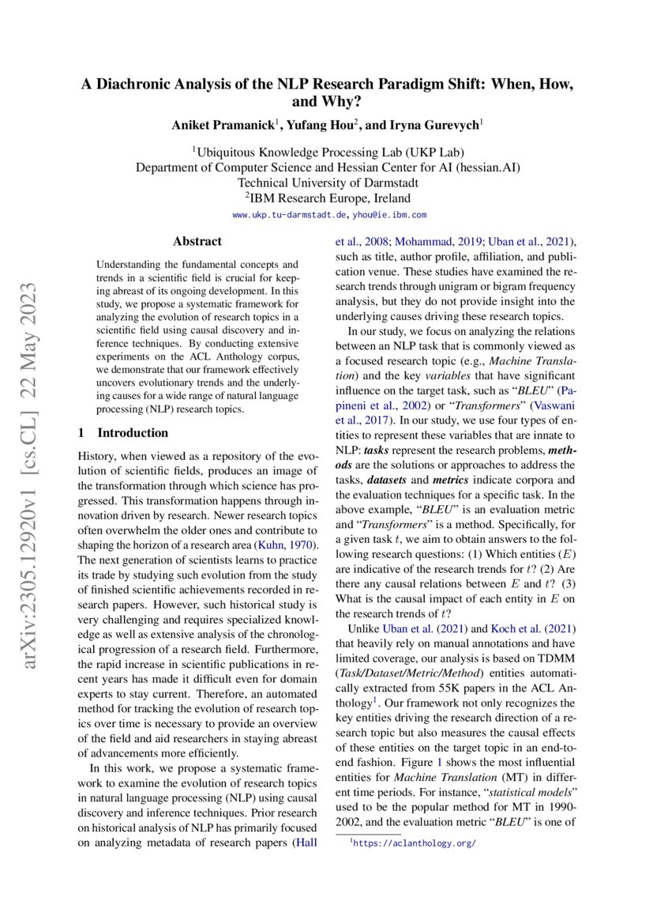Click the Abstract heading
(x=197, y=241)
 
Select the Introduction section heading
(x=132, y=432)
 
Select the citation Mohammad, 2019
(x=436, y=241)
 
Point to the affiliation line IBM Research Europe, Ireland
(x=328, y=198)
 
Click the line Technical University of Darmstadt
(x=328, y=182)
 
